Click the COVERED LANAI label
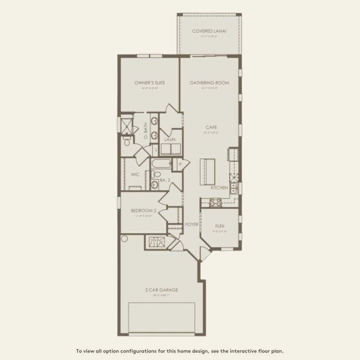tap(209, 31)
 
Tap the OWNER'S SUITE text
tap(150, 83)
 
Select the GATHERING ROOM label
tap(209, 83)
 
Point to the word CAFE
tap(211, 127)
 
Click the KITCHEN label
tap(219, 188)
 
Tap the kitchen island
tap(207, 170)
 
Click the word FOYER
tap(191, 225)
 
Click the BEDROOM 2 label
tap(143, 211)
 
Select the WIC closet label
tap(135, 175)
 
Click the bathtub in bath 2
tap(161, 163)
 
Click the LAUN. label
tap(168, 139)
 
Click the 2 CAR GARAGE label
tap(161, 290)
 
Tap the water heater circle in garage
tap(125, 238)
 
